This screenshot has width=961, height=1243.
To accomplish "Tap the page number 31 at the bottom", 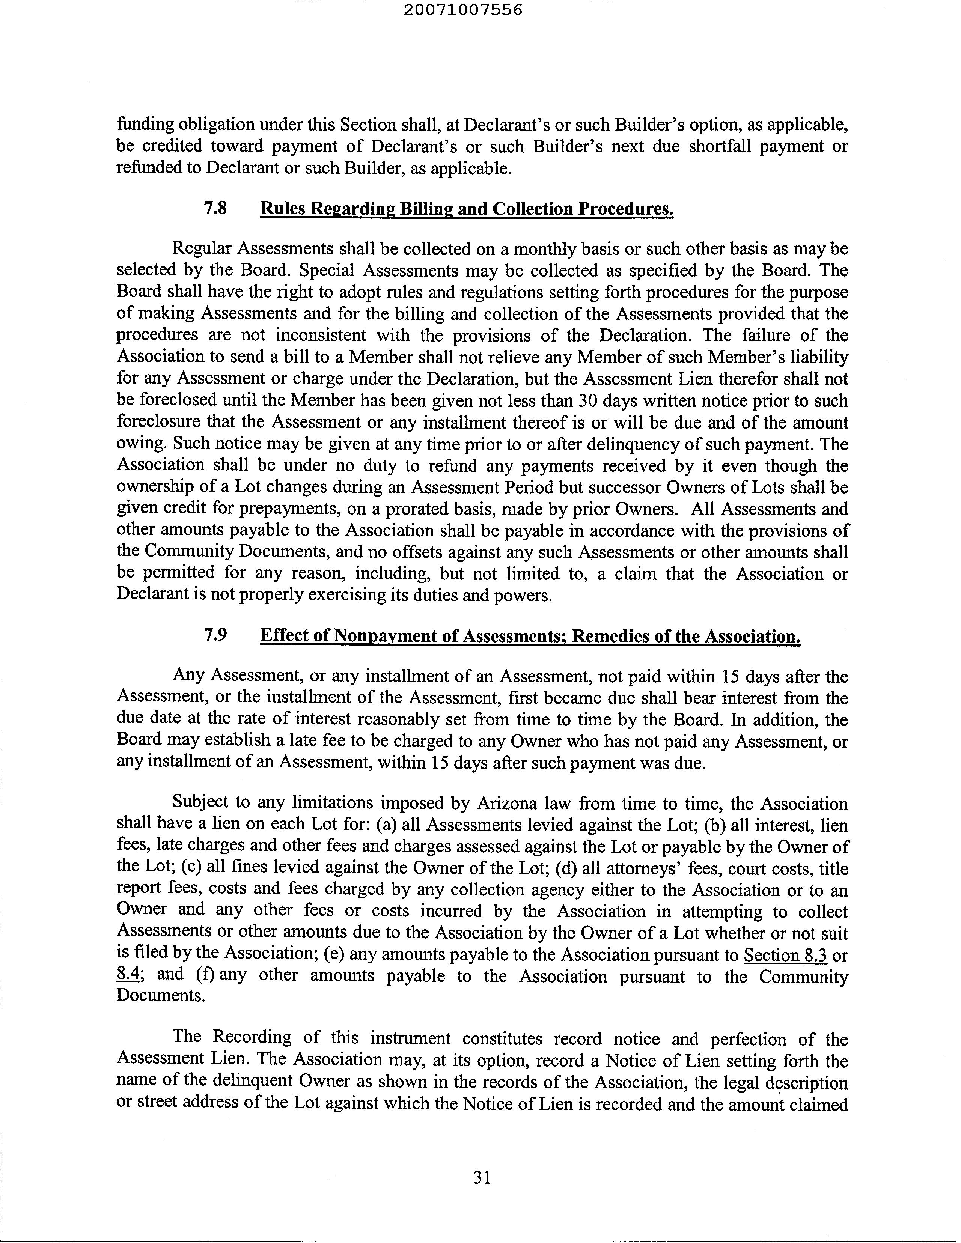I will point(482,1177).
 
